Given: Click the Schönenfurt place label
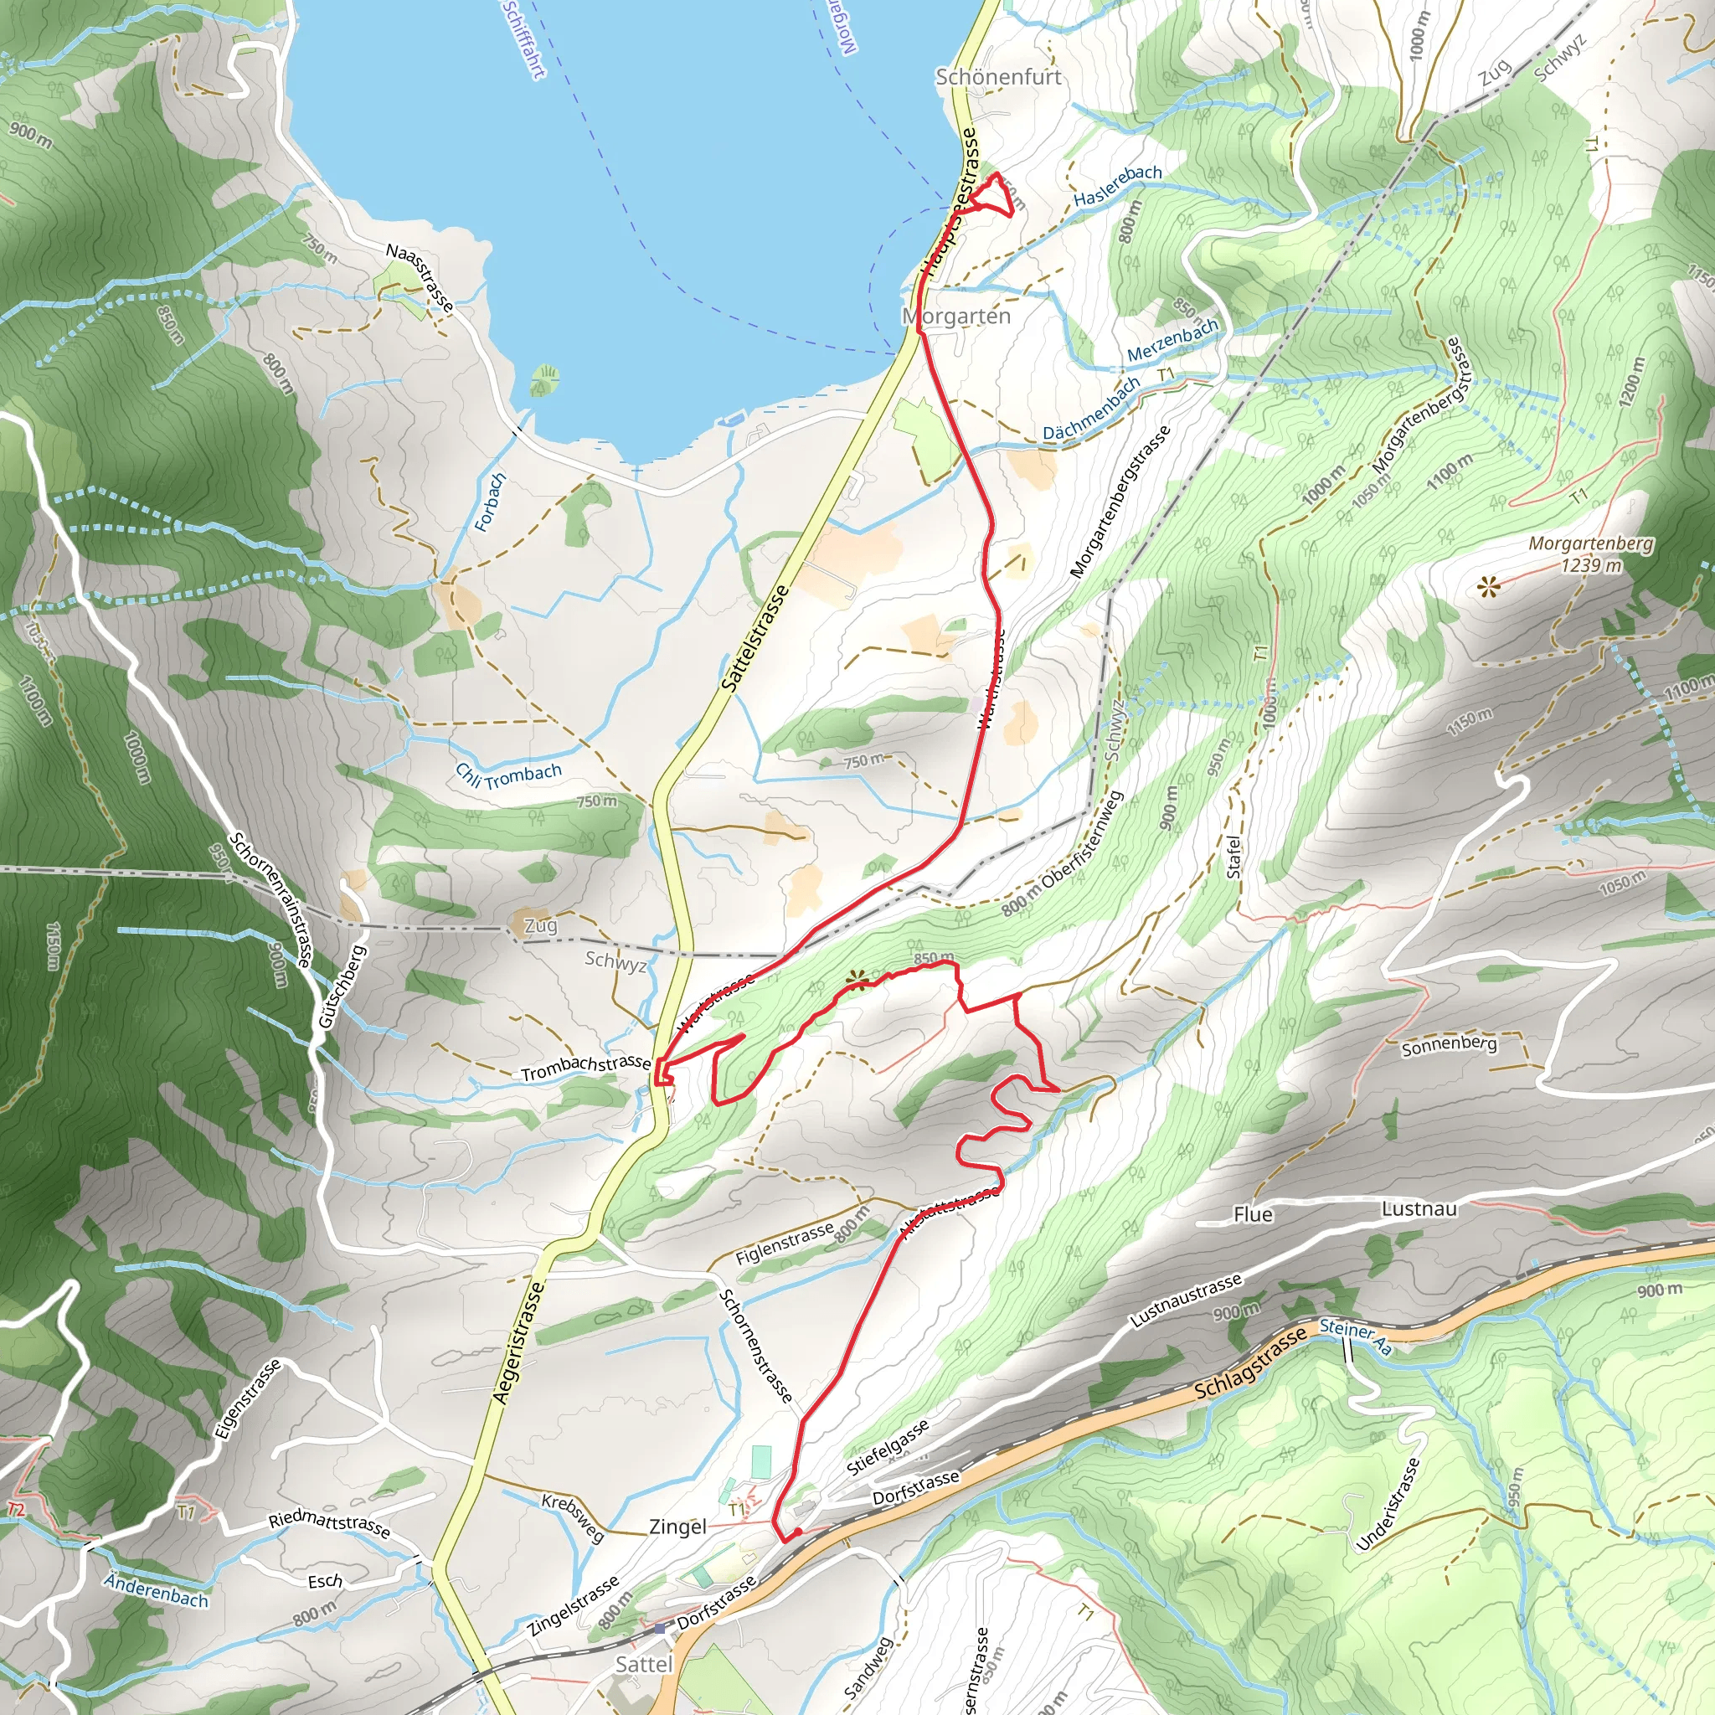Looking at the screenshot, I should [x=999, y=77].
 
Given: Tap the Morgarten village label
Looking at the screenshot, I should [x=957, y=316].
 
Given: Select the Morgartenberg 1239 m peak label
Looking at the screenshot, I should [x=1591, y=554].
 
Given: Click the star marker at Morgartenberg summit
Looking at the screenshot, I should [x=1489, y=586].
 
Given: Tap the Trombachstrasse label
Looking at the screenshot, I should [x=586, y=1068].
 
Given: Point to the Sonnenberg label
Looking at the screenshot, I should [x=1449, y=1046].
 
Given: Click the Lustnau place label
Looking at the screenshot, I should [x=1419, y=1209].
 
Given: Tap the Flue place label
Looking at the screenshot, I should [x=1253, y=1214].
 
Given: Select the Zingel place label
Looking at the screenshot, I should [x=678, y=1527].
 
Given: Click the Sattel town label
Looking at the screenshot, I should [x=645, y=1665].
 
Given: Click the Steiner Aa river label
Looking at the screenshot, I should [x=1356, y=1336].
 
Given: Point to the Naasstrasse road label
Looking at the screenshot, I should [x=420, y=278].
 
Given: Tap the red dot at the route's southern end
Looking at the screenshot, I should [x=798, y=1532].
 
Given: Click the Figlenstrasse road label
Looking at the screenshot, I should [x=785, y=1243].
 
